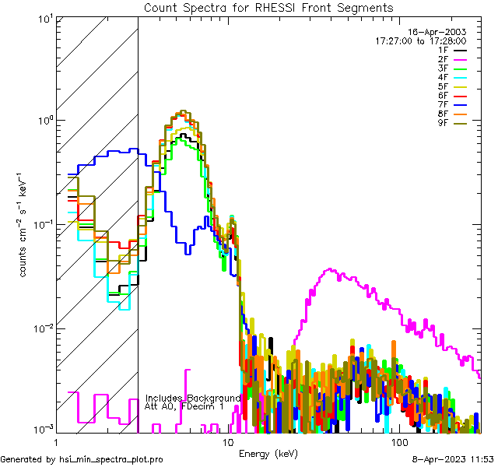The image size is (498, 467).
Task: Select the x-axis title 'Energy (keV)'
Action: click(x=268, y=453)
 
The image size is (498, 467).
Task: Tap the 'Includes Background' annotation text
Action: click(x=192, y=398)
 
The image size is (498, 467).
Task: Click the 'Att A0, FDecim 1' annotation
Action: click(x=184, y=407)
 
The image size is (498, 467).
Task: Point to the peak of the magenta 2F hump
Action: click(x=330, y=270)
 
